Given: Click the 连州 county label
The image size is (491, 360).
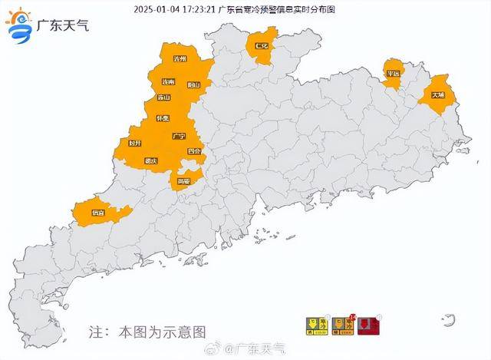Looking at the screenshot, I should (182, 59).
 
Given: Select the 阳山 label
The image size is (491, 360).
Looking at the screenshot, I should (193, 85).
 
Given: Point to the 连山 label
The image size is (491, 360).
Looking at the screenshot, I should (163, 97).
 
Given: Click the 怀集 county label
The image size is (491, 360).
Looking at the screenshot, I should (163, 118).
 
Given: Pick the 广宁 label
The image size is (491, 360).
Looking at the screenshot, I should (180, 136).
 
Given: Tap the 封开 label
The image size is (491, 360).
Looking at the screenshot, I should (136, 143).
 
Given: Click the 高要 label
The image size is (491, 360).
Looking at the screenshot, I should (183, 181).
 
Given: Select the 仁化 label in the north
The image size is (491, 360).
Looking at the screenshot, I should (261, 47).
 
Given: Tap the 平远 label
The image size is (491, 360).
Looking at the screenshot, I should (393, 74).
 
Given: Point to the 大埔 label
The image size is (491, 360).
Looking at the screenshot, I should (437, 96).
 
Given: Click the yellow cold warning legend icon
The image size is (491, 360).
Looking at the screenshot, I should (314, 325).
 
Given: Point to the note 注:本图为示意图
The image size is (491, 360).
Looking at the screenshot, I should (147, 332).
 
